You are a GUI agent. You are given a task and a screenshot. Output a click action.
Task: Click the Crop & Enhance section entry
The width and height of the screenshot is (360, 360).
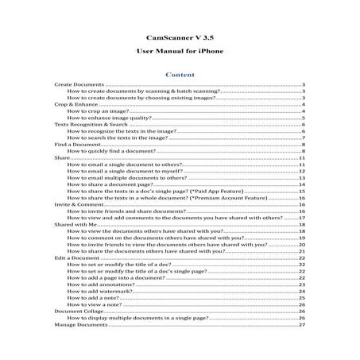pos(72,104)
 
